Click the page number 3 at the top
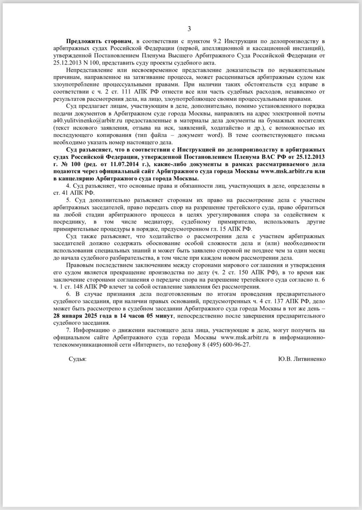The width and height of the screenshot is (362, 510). (x=189, y=28)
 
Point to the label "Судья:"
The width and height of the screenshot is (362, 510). (x=77, y=359)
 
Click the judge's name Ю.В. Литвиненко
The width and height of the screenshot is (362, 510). (x=302, y=359)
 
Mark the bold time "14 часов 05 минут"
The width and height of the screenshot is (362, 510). (x=146, y=316)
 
